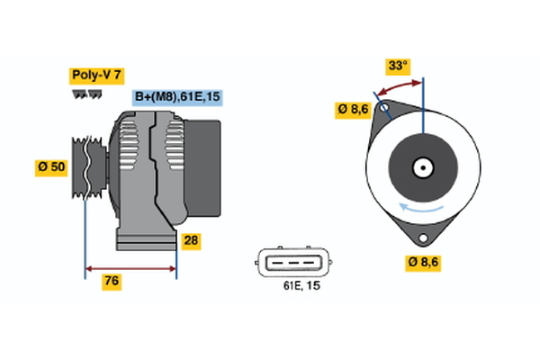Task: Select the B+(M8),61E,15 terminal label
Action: click(x=176, y=97)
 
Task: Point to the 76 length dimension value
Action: click(x=112, y=282)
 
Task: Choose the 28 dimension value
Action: click(x=192, y=240)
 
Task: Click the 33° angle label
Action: click(x=397, y=66)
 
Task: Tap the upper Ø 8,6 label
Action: click(x=353, y=110)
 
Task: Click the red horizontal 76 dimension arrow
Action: click(x=130, y=267)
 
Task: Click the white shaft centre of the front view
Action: click(x=422, y=167)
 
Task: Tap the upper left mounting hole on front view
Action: click(x=384, y=111)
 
